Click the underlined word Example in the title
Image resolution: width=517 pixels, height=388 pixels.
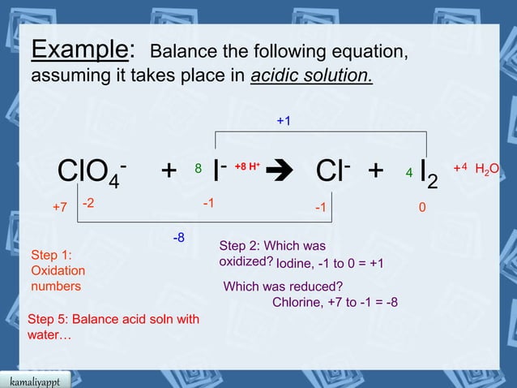coord(79,50)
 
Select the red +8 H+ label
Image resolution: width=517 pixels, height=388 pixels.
coord(247,167)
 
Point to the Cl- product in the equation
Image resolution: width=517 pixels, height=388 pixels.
coord(333,170)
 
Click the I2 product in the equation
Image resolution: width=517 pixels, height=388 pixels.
coord(429,174)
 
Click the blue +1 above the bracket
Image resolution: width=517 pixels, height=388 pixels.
coord(284,121)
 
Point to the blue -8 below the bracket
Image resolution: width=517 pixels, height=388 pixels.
coord(179,238)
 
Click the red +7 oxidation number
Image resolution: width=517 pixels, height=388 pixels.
coord(59,208)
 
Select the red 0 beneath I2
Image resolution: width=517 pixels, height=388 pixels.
coord(421,208)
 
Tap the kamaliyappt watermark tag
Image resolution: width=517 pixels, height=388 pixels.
coord(35,381)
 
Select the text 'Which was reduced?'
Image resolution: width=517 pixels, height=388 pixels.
coord(283,287)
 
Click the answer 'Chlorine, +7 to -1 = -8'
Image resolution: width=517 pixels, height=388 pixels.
coord(335,303)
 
